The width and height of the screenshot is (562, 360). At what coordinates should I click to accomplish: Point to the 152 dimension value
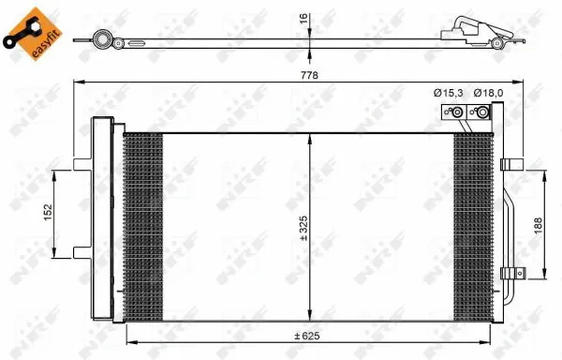coord(46,213)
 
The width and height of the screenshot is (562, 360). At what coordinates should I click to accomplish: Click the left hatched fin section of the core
coord(142,225)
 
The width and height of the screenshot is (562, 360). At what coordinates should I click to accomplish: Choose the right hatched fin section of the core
coord(474,225)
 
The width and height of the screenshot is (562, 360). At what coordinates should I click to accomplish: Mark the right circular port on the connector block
coord(481,114)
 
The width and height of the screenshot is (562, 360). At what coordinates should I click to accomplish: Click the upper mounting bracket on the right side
coord(510,164)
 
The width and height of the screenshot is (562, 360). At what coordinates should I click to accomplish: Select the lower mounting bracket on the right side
coord(510,273)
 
